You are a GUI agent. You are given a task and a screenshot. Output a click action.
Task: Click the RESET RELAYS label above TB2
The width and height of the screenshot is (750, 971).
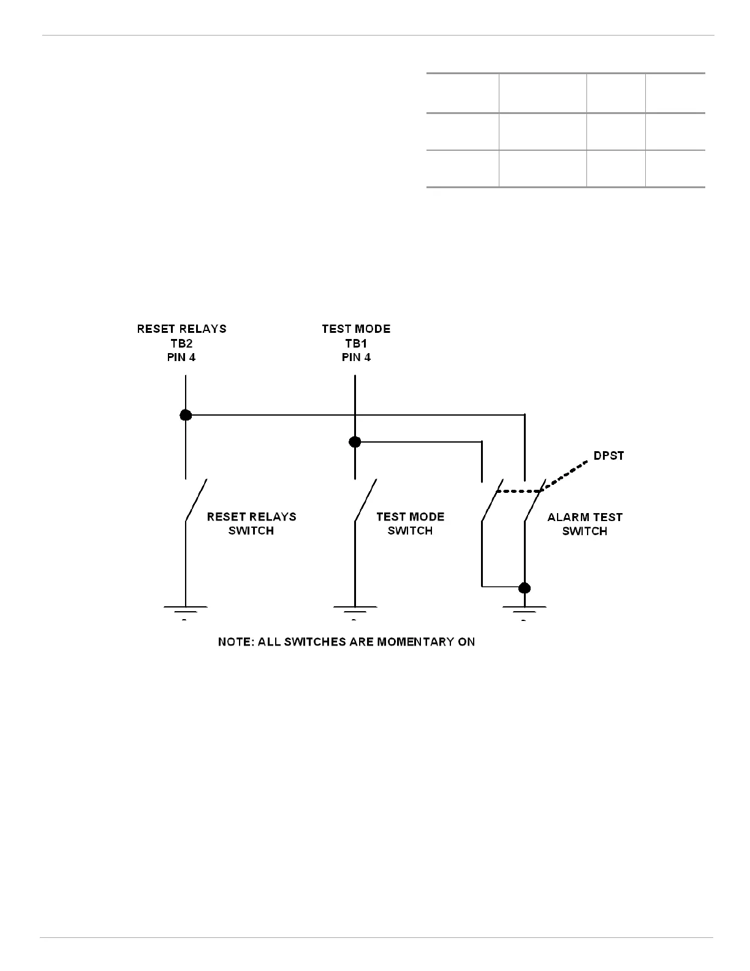tap(181, 329)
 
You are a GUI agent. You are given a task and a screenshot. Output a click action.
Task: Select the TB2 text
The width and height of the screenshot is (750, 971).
tap(181, 343)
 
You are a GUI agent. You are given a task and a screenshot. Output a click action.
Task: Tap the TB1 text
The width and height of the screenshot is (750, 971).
tap(356, 343)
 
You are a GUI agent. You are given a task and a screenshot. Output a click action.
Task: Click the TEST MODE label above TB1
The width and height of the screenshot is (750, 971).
tap(356, 329)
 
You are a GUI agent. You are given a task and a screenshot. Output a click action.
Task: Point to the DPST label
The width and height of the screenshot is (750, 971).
tap(608, 456)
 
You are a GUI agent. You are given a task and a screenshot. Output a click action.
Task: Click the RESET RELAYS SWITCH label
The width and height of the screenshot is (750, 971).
tap(251, 524)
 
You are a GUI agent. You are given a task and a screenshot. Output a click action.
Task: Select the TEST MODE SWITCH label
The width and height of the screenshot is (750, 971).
tap(410, 524)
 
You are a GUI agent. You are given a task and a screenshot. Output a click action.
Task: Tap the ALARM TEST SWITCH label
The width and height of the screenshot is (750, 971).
tap(585, 524)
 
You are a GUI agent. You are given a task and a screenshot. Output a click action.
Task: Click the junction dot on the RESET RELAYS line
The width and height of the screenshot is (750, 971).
tap(186, 415)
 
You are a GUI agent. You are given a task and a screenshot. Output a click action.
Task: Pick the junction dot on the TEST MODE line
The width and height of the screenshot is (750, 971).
tap(355, 441)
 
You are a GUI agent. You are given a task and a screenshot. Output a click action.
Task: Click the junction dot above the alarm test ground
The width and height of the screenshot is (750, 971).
tap(524, 588)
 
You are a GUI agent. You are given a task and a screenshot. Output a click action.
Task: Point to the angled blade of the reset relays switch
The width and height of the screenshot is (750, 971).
tap(196, 500)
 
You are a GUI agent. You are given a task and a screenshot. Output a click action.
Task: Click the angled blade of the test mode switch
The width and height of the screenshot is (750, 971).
tap(365, 500)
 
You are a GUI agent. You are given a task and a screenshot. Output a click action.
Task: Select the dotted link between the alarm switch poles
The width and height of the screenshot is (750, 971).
tap(518, 491)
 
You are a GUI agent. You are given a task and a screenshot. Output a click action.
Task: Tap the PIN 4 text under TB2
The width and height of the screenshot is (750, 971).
tap(181, 357)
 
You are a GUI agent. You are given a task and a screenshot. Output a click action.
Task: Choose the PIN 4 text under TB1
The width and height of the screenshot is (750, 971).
tap(356, 357)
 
